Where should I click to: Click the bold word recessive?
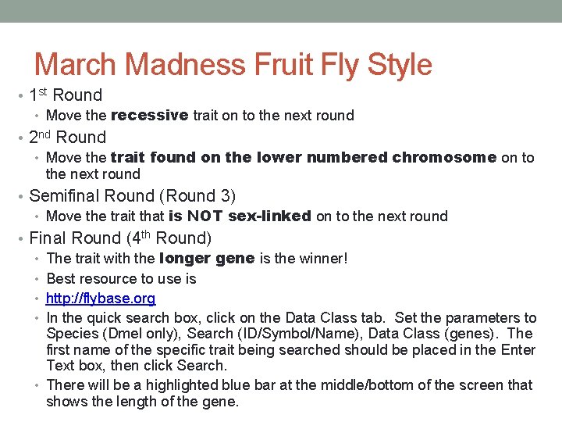pos(149,116)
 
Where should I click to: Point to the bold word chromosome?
pos(444,157)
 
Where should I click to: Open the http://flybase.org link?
pos(101,299)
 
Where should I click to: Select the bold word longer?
pos(184,259)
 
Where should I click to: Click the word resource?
pos(109,279)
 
